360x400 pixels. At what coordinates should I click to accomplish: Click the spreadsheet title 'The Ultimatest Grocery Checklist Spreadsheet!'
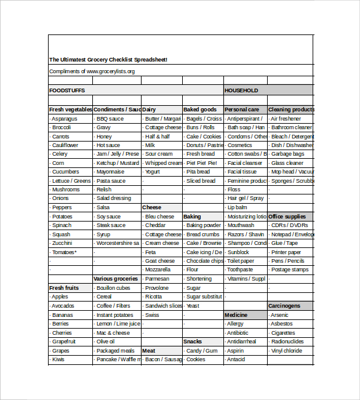[x=108, y=60]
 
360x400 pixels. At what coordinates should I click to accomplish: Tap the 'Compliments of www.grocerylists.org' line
[x=92, y=71]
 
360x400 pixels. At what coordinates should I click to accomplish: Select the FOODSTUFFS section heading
[x=67, y=90]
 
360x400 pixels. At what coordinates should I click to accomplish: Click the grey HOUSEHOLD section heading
[x=241, y=90]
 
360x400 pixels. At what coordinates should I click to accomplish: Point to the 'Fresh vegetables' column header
[x=70, y=110]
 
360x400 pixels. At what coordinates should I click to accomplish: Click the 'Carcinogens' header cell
[x=284, y=306]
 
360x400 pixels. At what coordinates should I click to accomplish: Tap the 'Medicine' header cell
[x=238, y=315]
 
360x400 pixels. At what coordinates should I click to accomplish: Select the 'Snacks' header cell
[x=193, y=342]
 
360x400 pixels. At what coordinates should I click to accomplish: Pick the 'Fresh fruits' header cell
[x=65, y=288]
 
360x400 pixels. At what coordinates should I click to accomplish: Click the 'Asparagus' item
[x=65, y=119]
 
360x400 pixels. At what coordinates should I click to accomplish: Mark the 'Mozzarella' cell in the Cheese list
[x=158, y=270]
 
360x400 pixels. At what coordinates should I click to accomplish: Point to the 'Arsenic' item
[x=279, y=315]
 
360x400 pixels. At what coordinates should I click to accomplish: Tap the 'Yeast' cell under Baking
[x=193, y=306]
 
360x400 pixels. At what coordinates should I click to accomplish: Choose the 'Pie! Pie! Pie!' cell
[x=201, y=163]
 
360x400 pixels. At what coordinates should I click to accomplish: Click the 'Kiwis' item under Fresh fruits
[x=58, y=359]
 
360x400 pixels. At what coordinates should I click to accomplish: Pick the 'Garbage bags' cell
[x=287, y=154]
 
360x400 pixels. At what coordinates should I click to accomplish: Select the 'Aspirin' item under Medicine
[x=236, y=350]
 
